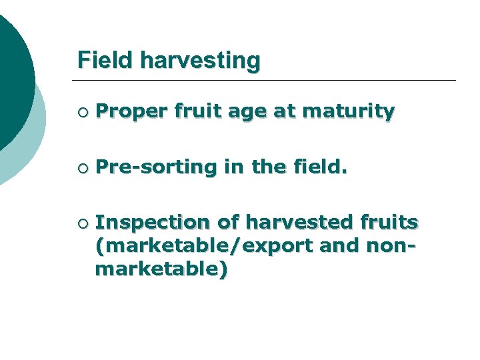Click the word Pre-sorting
tap(156, 168)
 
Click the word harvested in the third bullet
tap(287, 221)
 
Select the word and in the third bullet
tap(336, 245)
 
